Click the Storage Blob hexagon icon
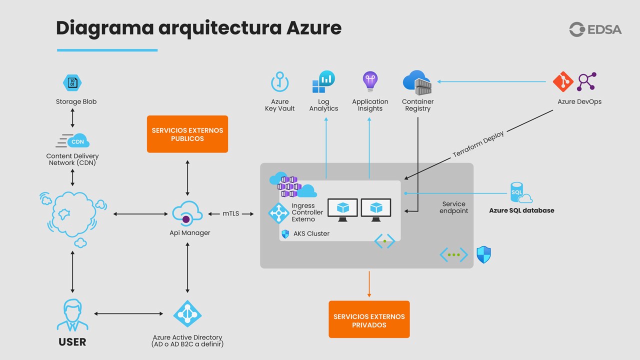[72, 82]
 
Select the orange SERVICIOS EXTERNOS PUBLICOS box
[187, 134]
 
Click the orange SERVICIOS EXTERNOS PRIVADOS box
[369, 319]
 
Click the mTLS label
[231, 214]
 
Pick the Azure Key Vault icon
[280, 82]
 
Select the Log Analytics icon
[323, 82]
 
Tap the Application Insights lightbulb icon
[370, 81]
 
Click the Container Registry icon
[417, 82]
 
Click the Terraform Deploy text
[478, 144]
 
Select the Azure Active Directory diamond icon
[187, 314]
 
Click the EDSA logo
[595, 29]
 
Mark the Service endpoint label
[453, 207]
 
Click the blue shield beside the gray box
[483, 254]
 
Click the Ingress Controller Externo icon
[278, 213]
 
